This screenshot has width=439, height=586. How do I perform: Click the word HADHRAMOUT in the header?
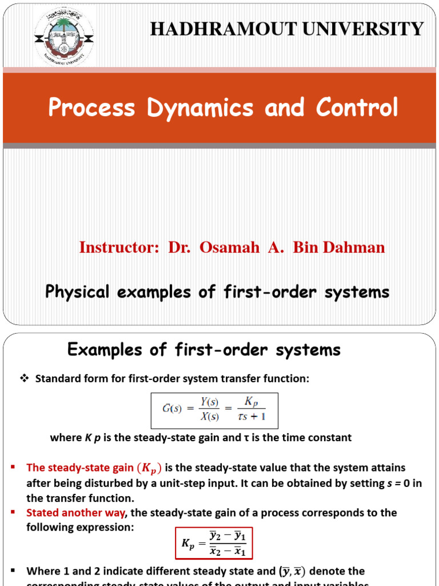pyautogui.click(x=218, y=29)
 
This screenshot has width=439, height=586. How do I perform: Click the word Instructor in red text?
pyautogui.click(x=118, y=247)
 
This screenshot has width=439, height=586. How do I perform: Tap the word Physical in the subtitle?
pyautogui.click(x=78, y=292)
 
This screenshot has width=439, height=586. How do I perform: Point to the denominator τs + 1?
pyautogui.click(x=252, y=417)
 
